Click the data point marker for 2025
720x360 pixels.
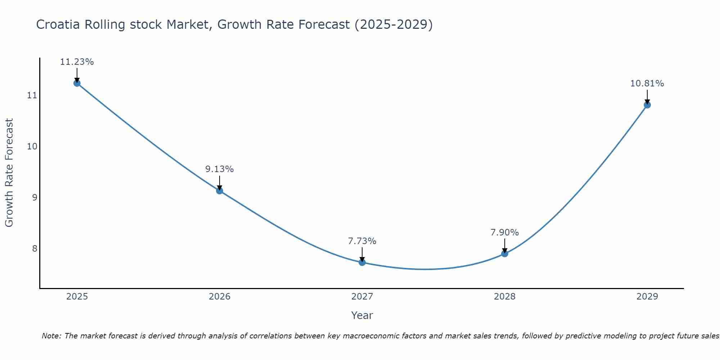click(77, 83)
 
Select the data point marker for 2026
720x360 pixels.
click(220, 190)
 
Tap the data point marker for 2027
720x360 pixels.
click(362, 262)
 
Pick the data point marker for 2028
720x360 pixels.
click(505, 253)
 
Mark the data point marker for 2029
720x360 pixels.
click(647, 105)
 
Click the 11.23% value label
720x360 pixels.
click(77, 62)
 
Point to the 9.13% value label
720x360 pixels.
click(220, 169)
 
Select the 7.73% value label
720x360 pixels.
click(362, 241)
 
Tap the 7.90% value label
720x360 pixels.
click(505, 233)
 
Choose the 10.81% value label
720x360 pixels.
click(647, 84)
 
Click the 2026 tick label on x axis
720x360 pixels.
click(220, 297)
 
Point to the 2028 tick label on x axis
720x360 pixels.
click(505, 297)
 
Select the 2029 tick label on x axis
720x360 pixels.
click(647, 297)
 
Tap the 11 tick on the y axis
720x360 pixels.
click(32, 95)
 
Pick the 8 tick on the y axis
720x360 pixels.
click(35, 248)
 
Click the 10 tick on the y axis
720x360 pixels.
click(32, 147)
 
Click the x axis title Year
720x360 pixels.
click(362, 315)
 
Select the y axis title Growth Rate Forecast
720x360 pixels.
click(9, 173)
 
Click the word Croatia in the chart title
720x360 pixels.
click(58, 25)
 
